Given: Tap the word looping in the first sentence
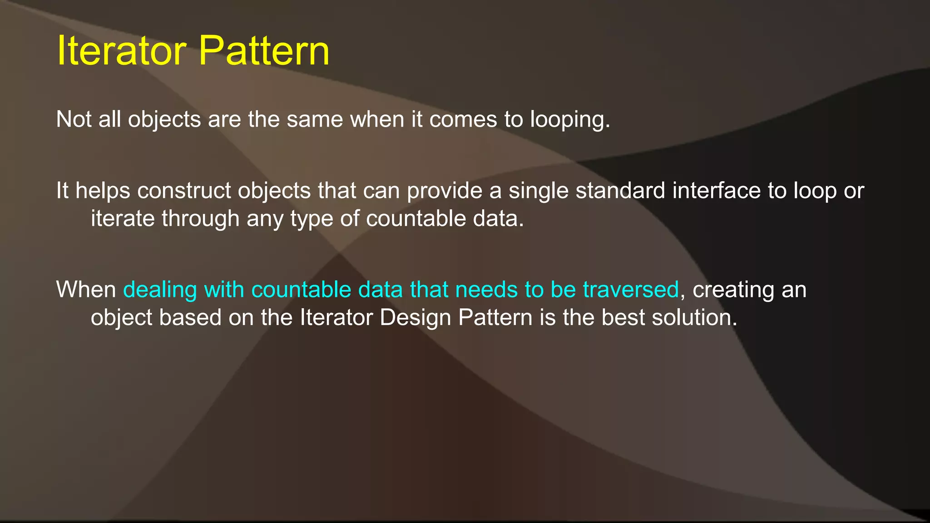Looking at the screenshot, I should click(x=570, y=120).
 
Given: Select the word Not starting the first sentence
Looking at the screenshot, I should click(x=73, y=120).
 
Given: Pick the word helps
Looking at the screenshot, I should click(x=103, y=191).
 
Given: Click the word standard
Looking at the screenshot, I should click(x=620, y=191).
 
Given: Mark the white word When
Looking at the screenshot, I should click(x=86, y=290).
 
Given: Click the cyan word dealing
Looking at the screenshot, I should click(x=160, y=290).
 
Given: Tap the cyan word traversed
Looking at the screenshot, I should click(x=631, y=290).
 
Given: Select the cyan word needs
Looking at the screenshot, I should click(x=486, y=290).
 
